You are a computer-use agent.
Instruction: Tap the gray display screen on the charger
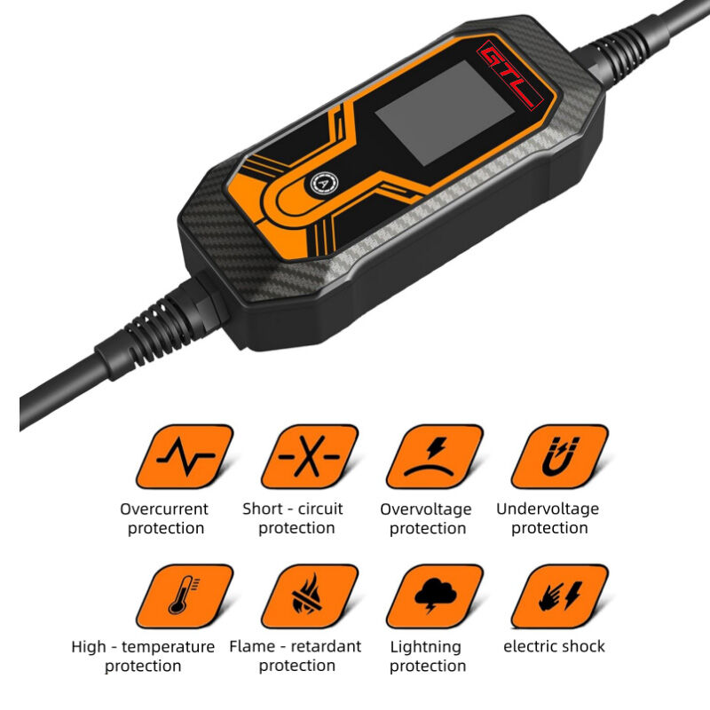[x=445, y=113]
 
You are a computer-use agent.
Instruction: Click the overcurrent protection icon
[x=185, y=456]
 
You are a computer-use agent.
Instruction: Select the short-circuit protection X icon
[x=310, y=456]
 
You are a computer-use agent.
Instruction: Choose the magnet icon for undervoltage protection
[x=560, y=456]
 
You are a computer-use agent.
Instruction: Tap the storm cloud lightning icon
[x=435, y=596]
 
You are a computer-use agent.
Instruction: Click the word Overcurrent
[x=164, y=509]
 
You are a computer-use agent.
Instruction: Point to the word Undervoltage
[x=548, y=509]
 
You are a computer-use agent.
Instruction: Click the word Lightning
[x=426, y=648]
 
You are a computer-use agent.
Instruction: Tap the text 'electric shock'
[x=554, y=646]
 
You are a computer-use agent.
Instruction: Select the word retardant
[x=326, y=646]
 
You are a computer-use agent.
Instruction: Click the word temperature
[x=168, y=648]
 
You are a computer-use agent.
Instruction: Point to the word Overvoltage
[x=426, y=509]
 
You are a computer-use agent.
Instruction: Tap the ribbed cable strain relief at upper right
[x=623, y=52]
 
